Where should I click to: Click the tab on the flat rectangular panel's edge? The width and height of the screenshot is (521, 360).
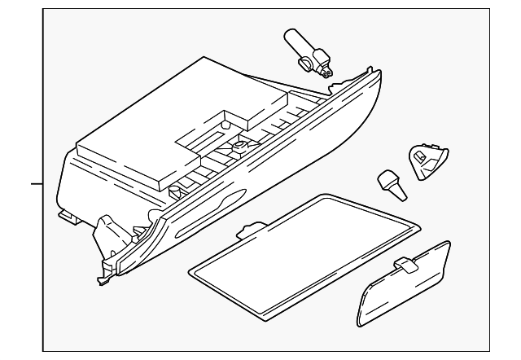[252, 230]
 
